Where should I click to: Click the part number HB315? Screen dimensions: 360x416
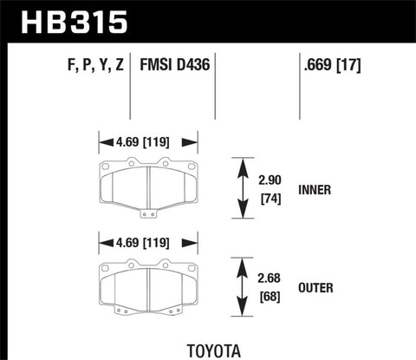66,19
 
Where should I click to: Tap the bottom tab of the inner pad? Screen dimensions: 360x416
149,214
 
